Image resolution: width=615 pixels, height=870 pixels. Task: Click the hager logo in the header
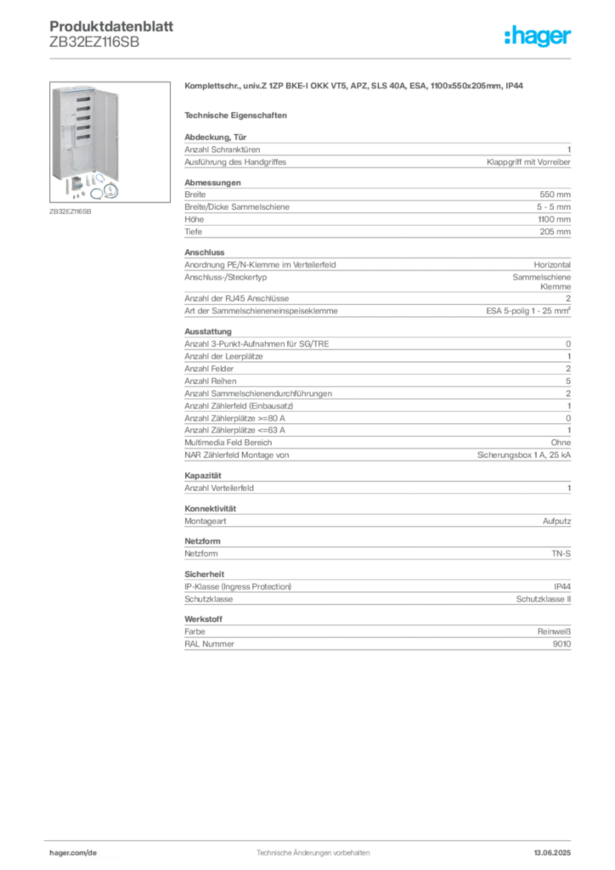537,37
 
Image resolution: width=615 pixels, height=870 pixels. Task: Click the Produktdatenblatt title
111,26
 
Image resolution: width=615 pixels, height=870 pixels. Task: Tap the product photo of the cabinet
110,142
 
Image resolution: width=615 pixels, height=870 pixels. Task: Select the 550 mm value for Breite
555,195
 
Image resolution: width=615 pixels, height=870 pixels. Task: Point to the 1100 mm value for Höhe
554,219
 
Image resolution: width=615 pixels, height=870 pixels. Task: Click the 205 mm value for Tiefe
555,232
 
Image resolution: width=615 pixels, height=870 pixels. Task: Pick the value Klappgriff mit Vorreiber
528,162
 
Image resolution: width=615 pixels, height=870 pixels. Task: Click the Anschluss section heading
205,252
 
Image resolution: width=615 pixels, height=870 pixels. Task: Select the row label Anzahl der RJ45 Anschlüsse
237,298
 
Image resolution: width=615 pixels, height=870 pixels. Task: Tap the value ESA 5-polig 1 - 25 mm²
528,311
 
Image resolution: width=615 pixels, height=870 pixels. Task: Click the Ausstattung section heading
208,332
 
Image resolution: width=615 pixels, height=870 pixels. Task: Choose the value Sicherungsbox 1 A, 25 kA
524,455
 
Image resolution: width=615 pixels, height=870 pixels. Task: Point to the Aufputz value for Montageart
556,522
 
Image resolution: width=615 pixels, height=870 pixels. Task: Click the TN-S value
561,554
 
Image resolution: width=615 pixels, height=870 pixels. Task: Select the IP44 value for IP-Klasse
562,586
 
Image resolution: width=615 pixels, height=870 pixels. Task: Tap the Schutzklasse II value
544,599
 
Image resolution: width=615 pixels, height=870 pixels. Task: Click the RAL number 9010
561,644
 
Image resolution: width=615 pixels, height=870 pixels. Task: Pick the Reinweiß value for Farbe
554,632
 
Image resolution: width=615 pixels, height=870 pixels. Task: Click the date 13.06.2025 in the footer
552,853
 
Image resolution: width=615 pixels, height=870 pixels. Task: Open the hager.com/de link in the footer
73,853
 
